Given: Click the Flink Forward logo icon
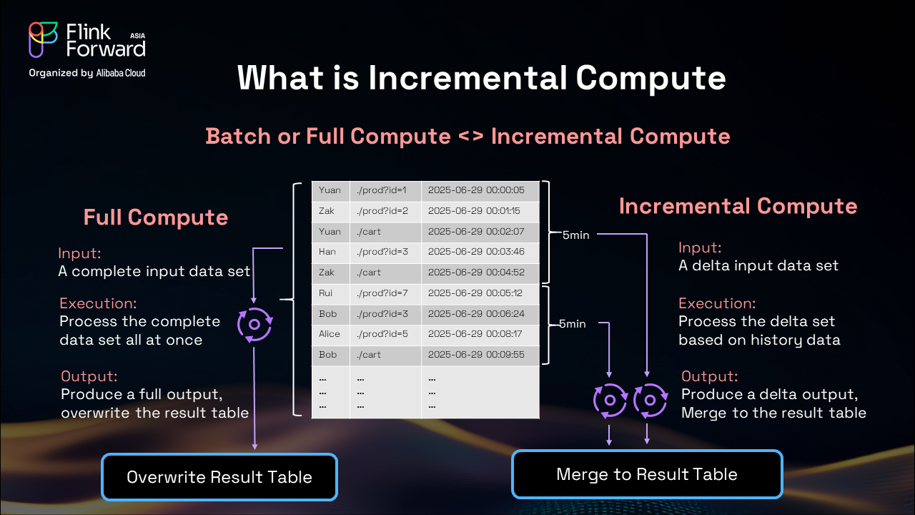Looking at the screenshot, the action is (x=43, y=39).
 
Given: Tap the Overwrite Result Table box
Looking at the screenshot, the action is (x=219, y=477).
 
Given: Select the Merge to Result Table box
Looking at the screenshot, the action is (x=647, y=474).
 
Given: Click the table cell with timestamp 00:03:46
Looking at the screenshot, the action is (x=476, y=252).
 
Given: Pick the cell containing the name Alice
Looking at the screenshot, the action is (x=330, y=334).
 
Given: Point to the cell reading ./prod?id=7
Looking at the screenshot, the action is (x=382, y=293).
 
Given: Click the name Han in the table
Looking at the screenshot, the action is (x=327, y=252).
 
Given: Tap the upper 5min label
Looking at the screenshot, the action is (x=576, y=235).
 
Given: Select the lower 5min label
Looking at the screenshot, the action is (x=573, y=324).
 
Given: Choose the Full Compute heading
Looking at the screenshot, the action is (x=156, y=217).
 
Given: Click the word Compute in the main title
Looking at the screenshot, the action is (x=651, y=79).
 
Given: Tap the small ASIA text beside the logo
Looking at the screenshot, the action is (x=138, y=36).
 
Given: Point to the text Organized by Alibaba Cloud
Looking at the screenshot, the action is (x=87, y=73).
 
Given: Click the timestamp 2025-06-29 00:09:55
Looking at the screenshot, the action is (x=476, y=354).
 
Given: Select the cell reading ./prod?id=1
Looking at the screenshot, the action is (x=382, y=190).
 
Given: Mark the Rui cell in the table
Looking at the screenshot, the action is (x=325, y=293).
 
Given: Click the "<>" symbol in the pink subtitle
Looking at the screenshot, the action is (x=471, y=136).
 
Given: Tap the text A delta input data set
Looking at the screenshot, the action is (x=758, y=265).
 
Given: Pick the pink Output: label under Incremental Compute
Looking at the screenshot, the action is (x=710, y=376).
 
